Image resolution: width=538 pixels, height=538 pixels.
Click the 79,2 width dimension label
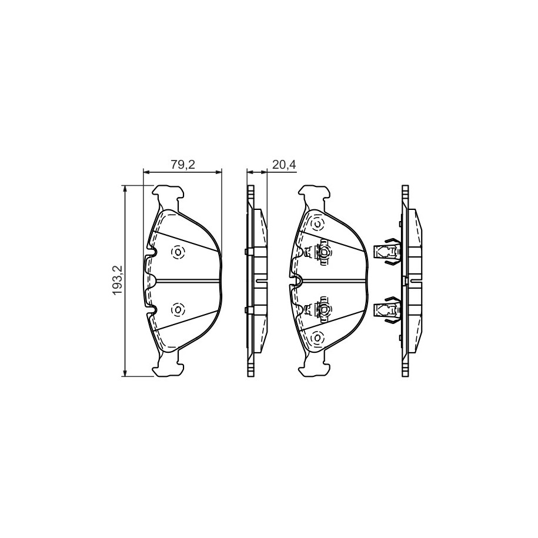(183, 165)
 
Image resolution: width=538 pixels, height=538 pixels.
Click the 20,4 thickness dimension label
(284, 165)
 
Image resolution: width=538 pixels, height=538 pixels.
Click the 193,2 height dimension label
(116, 280)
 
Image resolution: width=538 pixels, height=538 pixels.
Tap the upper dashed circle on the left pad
(178, 253)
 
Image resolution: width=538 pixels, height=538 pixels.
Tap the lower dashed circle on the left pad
(178, 310)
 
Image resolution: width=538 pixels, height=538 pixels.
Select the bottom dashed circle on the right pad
(317, 338)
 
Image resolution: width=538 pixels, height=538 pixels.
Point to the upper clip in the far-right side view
(387, 252)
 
